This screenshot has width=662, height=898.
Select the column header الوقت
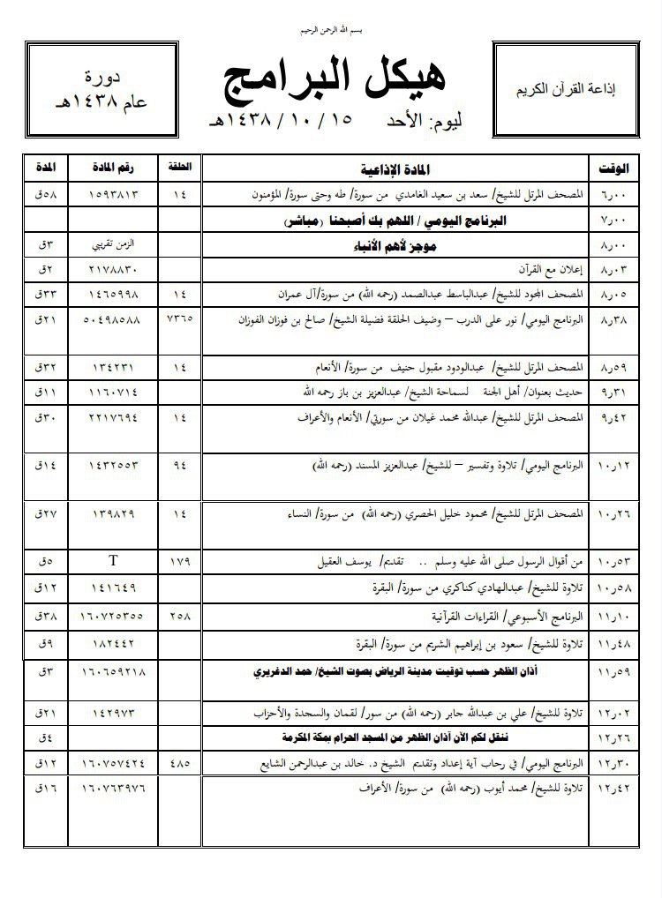point(614,168)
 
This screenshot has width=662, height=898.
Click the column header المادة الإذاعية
point(395,168)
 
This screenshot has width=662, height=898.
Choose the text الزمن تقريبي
point(116,242)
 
